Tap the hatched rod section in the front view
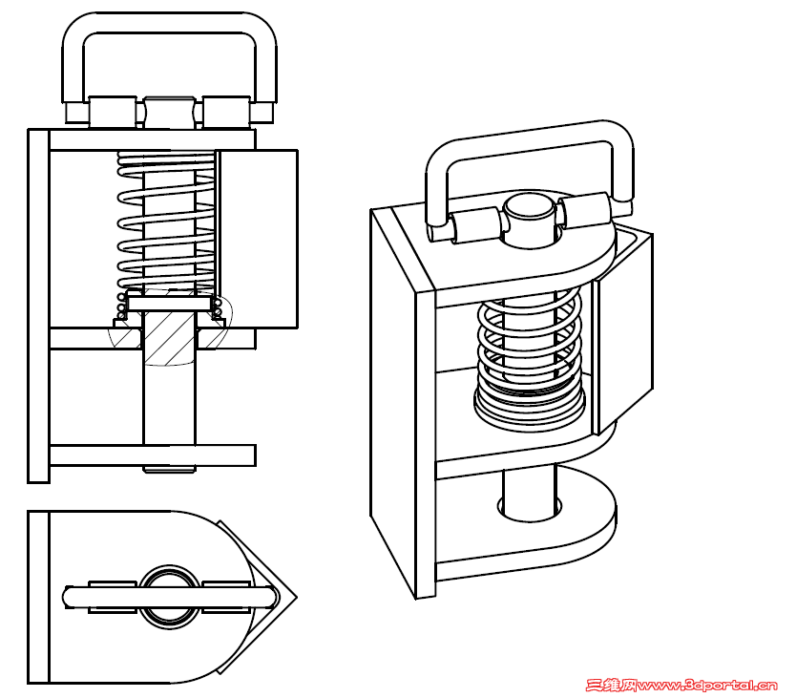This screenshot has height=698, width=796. coord(170,337)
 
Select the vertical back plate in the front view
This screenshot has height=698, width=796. coord(38,306)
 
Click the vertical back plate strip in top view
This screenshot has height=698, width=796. coord(38,597)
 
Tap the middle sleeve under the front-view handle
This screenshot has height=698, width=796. coord(170,113)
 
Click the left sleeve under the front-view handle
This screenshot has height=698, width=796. coord(113,113)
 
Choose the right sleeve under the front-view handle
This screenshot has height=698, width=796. coord(227,113)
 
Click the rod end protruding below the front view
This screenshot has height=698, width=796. coord(170,469)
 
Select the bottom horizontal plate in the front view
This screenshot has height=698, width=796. coord(153,455)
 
